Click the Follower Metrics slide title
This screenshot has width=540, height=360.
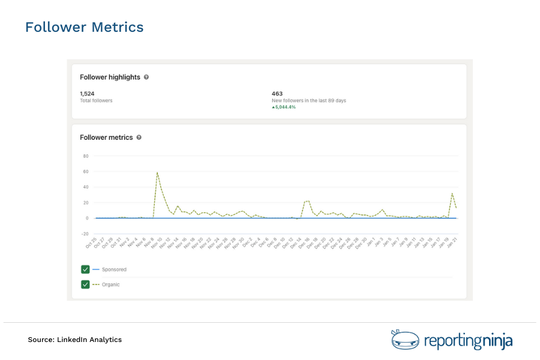click(x=84, y=28)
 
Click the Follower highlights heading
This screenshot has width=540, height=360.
click(x=110, y=77)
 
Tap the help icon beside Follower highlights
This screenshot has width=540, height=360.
click(x=146, y=77)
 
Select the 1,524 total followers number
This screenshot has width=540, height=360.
click(x=88, y=94)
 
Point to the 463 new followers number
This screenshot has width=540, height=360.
click(x=277, y=94)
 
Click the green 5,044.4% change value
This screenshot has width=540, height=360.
click(x=284, y=107)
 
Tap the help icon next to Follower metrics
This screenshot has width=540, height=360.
click(x=139, y=137)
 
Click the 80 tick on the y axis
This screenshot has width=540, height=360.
click(x=86, y=156)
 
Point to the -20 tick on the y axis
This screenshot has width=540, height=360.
click(x=85, y=234)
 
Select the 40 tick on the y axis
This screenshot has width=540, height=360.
click(x=86, y=187)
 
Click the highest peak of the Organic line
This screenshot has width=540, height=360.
click(x=157, y=173)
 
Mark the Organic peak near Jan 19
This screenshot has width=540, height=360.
click(x=452, y=193)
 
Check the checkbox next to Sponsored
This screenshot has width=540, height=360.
click(x=85, y=269)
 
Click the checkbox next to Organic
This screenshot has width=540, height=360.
click(x=85, y=284)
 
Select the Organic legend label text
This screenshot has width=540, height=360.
click(x=110, y=284)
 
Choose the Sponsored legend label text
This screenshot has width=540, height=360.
click(x=114, y=269)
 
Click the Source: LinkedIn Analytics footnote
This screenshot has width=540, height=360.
click(x=74, y=340)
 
